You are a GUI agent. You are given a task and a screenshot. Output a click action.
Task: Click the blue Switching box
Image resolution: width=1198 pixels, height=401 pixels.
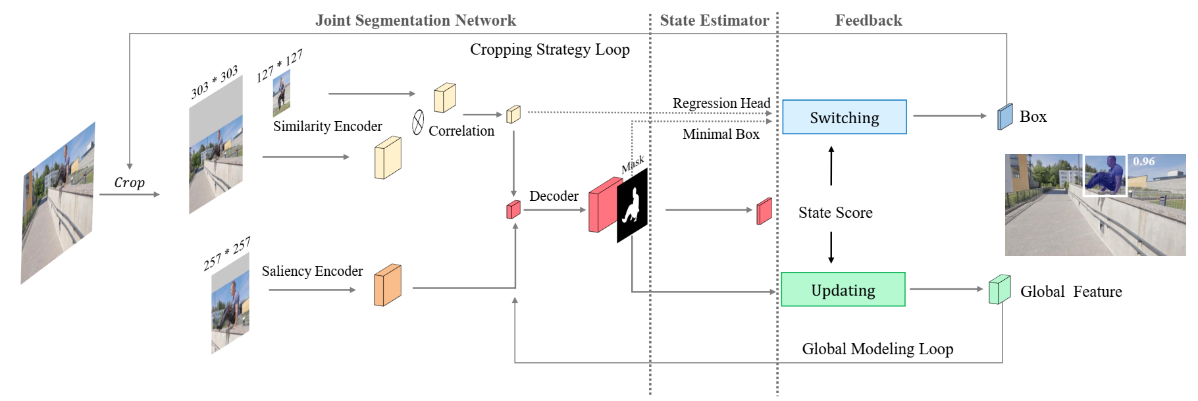pos(844,117)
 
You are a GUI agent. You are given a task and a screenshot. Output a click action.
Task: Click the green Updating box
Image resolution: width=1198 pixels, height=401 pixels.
pos(843,290)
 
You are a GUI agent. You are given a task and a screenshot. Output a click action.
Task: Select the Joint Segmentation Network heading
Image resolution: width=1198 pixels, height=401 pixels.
pos(415,20)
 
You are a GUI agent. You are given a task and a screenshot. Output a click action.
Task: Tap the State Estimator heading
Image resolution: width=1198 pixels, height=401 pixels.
pos(714,20)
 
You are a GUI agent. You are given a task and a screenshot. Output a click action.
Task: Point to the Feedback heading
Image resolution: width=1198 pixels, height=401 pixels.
pos(868,20)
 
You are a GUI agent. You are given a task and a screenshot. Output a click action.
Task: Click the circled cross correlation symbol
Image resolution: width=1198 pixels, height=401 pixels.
pos(418,122)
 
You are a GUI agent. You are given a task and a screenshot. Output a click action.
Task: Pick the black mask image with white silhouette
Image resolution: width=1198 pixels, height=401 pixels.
pos(632,205)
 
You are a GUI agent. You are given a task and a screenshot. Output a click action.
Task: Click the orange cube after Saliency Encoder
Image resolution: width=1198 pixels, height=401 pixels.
pos(387,285)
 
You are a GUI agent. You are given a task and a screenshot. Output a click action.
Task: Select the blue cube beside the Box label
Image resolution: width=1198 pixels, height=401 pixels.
pos(1005,117)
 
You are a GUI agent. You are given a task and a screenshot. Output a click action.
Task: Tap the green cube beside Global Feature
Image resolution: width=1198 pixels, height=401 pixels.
pos(999,290)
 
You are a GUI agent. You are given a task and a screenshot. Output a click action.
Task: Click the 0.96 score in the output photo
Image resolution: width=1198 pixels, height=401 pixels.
pos(1144,161)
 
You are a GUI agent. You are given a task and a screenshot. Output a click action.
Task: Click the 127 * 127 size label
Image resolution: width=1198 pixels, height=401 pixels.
pos(279,66)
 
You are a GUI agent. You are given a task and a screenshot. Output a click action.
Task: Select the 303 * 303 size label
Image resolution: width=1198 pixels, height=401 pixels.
pos(215,82)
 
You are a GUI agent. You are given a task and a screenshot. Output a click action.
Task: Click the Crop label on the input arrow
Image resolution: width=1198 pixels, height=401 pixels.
pos(129,182)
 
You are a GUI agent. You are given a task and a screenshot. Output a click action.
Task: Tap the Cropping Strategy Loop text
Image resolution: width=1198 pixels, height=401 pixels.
pos(550,49)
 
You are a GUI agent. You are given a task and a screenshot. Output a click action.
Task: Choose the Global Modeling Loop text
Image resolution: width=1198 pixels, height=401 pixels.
pos(877,349)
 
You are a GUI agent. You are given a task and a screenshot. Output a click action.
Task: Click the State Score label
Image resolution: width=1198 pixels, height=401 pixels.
pos(835,213)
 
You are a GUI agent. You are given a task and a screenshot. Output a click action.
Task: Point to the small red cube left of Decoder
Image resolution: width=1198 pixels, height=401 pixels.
pos(513,210)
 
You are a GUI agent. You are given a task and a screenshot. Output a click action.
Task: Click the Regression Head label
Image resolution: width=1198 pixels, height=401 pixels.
pos(721,103)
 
